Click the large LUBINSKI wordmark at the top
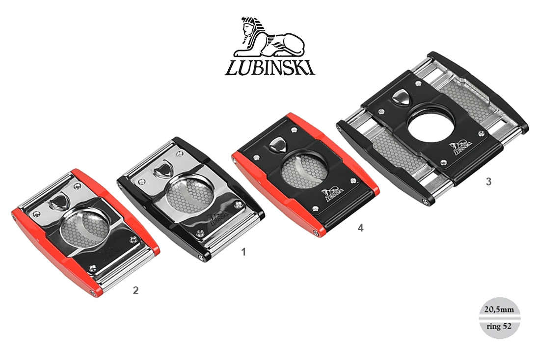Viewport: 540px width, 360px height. pyautogui.click(x=270, y=68)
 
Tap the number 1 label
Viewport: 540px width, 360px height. pyautogui.click(x=243, y=252)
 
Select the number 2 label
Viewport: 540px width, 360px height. pyautogui.click(x=135, y=290)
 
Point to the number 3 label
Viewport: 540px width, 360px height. pyautogui.click(x=488, y=181)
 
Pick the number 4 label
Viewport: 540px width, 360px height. pyautogui.click(x=360, y=228)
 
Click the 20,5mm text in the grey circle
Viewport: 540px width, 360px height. pyautogui.click(x=499, y=309)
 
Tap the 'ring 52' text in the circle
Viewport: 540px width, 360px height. pyautogui.click(x=499, y=326)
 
